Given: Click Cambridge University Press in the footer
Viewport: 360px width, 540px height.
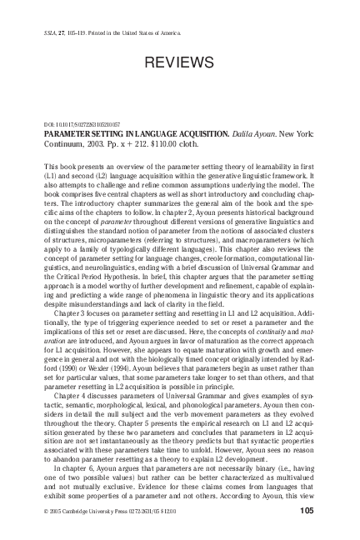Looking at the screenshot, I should coord(102,509).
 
